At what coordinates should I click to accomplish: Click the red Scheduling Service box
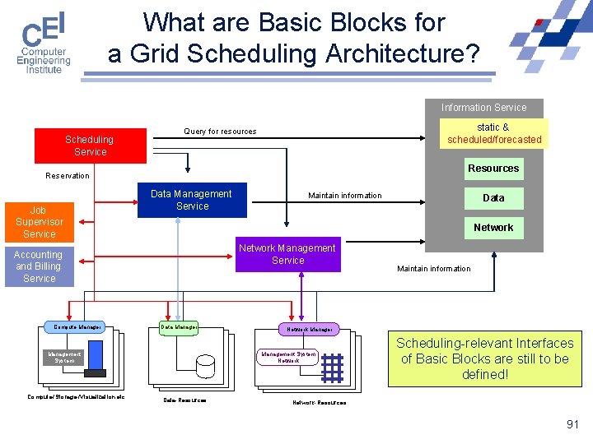[90, 146]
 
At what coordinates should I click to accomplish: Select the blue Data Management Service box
[191, 200]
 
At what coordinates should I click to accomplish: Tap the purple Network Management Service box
[287, 254]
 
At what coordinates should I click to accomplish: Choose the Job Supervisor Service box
[40, 222]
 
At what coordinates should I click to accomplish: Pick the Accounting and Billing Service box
[39, 266]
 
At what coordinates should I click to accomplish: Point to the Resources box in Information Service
[493, 169]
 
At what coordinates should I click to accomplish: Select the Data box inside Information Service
[493, 198]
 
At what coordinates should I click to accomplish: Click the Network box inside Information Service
[493, 228]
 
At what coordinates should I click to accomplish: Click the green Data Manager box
[178, 327]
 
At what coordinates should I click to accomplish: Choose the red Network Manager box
[310, 329]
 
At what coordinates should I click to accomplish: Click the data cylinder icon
[204, 363]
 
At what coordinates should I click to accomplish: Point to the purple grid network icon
[332, 368]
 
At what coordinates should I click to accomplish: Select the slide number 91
[572, 424]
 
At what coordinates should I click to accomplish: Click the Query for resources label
[220, 132]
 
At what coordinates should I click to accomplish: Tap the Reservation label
[68, 176]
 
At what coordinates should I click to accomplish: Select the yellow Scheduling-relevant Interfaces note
[484, 358]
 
